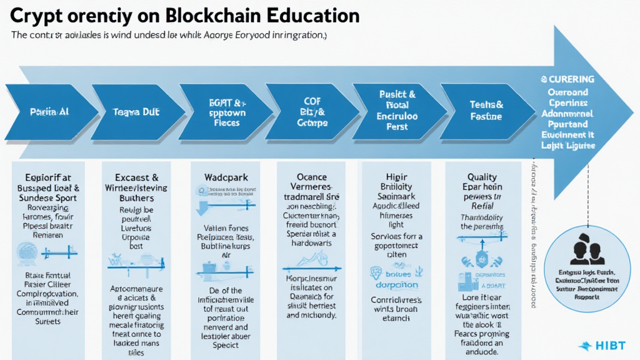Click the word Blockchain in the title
(211, 15)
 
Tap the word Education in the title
(313, 15)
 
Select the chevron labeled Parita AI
(49, 112)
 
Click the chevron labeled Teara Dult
(136, 112)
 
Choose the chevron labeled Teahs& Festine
(486, 111)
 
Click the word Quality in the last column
(482, 177)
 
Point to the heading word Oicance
(311, 177)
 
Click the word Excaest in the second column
(131, 177)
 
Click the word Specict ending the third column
(225, 344)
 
